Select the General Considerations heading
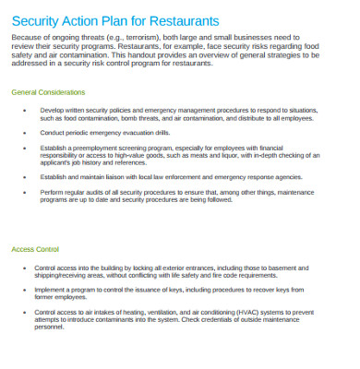click(x=47, y=92)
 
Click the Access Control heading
click(x=35, y=249)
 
